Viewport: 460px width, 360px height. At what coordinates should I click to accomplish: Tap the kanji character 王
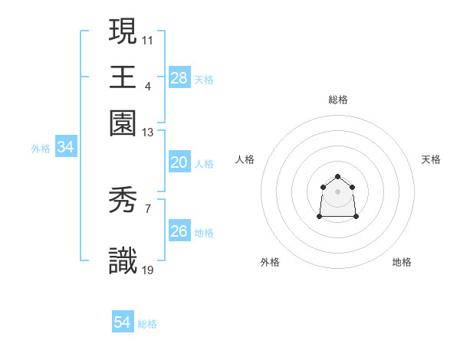click(123, 77)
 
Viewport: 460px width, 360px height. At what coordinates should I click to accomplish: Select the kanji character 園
click(123, 123)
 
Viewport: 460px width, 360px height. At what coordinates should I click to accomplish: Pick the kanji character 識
click(123, 261)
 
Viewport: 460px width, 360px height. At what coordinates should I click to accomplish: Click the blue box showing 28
click(179, 77)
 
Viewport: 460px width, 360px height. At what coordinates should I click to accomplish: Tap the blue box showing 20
click(179, 162)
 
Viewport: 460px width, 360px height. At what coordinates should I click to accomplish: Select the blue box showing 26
click(179, 231)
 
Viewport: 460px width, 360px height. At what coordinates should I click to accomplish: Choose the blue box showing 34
click(66, 148)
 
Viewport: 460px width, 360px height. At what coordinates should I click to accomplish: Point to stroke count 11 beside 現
click(148, 39)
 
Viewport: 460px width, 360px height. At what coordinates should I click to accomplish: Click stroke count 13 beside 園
click(148, 133)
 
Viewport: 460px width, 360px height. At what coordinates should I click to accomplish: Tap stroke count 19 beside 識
click(148, 270)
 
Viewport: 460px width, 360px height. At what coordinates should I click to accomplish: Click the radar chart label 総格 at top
click(338, 100)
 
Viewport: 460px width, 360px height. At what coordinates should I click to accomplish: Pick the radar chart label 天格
click(431, 159)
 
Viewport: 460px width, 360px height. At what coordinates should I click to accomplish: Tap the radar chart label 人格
click(246, 159)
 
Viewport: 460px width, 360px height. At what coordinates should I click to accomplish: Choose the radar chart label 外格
click(270, 262)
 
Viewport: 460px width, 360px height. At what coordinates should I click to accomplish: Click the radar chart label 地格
click(402, 262)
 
